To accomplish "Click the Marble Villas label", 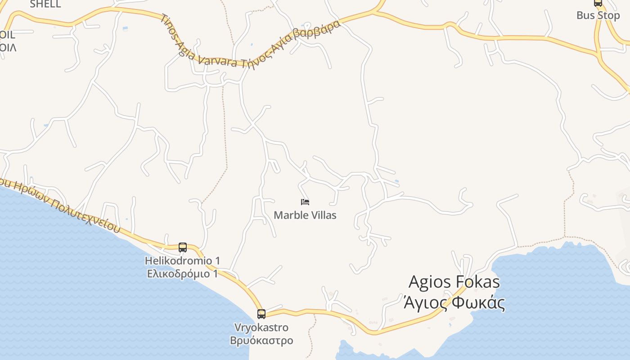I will point(305,215).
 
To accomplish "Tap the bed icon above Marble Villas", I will point(305,202).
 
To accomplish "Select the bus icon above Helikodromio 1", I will point(183,247).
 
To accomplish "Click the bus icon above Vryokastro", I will point(261,314).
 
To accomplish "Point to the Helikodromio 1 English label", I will point(182,261).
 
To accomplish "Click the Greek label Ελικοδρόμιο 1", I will point(182,274).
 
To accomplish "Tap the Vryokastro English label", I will point(261,327).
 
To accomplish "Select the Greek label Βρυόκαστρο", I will point(261,340).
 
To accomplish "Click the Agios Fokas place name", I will point(454,282).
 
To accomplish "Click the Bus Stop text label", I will point(598,15).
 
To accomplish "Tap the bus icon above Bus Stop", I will point(598,3).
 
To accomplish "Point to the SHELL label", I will point(45,4).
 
